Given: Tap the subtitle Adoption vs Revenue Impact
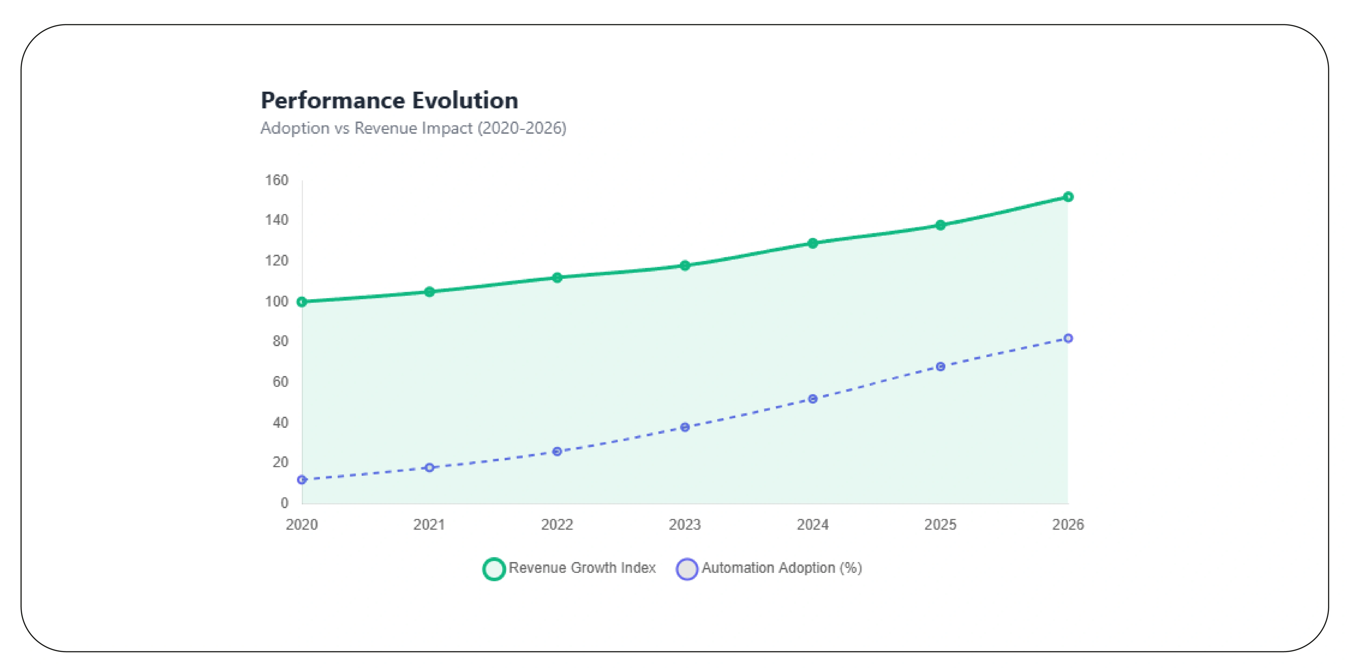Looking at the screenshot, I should coord(413,128).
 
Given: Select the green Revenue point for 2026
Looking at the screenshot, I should coord(1068,197).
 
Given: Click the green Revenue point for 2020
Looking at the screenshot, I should coord(302,302).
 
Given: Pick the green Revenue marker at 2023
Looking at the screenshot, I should coord(685,266).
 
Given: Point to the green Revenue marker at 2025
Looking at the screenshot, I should coord(940,225).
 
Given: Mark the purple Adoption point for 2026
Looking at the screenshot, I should coord(1068,339).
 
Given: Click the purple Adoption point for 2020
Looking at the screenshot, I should coord(302,480).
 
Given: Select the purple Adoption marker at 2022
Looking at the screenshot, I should coord(557,452).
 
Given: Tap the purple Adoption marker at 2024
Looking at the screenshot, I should coord(813,399).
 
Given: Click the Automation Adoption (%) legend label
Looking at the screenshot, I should coord(781,568).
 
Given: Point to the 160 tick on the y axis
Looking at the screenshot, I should coord(277,180).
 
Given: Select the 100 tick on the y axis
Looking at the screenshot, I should coord(277,302).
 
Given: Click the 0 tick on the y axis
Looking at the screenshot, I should coord(284,503).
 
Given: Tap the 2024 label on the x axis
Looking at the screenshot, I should coord(813,525).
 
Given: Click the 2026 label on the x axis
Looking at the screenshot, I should coord(1068,525).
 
